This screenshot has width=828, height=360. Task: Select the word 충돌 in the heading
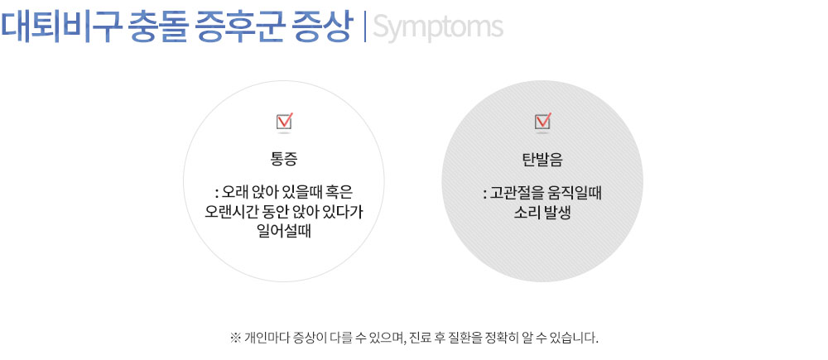point(157,27)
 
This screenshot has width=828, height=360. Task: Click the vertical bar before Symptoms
point(365,27)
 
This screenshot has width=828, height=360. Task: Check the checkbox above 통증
point(285,122)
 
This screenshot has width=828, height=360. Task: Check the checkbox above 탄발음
point(543,122)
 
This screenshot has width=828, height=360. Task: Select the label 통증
point(284,160)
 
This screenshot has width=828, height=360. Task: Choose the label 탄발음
point(542,160)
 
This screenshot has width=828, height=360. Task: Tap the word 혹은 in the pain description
point(350,190)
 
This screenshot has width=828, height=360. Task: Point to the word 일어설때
point(283,231)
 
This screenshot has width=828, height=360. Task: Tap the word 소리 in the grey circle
point(526,214)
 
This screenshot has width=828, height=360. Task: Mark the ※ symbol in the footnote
point(235,337)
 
